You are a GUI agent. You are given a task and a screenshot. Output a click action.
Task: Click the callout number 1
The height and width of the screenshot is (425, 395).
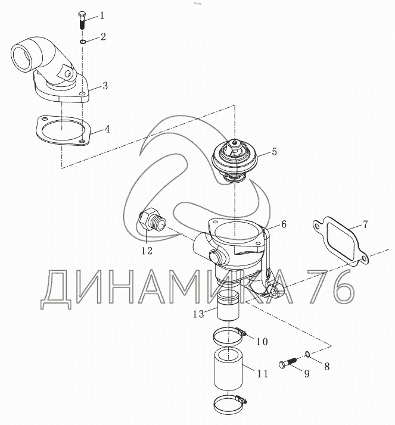coord(102,15)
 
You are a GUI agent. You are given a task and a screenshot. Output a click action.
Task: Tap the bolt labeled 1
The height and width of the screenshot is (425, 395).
coord(82,21)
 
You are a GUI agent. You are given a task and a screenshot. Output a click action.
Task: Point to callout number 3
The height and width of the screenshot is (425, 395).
coord(105,86)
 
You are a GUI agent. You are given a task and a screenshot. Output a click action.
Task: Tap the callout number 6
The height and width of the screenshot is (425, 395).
coord(284,224)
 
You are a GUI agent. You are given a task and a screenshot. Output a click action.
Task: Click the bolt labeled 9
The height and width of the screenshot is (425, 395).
coord(288,362)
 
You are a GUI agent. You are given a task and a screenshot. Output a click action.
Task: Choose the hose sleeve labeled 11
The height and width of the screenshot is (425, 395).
coord(228,369)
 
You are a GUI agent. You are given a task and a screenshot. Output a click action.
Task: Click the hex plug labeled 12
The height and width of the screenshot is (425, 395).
coord(152,220)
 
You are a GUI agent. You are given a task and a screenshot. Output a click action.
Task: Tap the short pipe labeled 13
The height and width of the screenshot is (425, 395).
coord(228,305)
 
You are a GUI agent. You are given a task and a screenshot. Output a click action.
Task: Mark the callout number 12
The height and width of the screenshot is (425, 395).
coord(147,251)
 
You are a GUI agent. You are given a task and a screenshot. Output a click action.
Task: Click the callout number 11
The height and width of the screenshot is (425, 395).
coord(262,374)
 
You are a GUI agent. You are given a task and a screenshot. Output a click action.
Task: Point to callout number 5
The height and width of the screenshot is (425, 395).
coord(274,152)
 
